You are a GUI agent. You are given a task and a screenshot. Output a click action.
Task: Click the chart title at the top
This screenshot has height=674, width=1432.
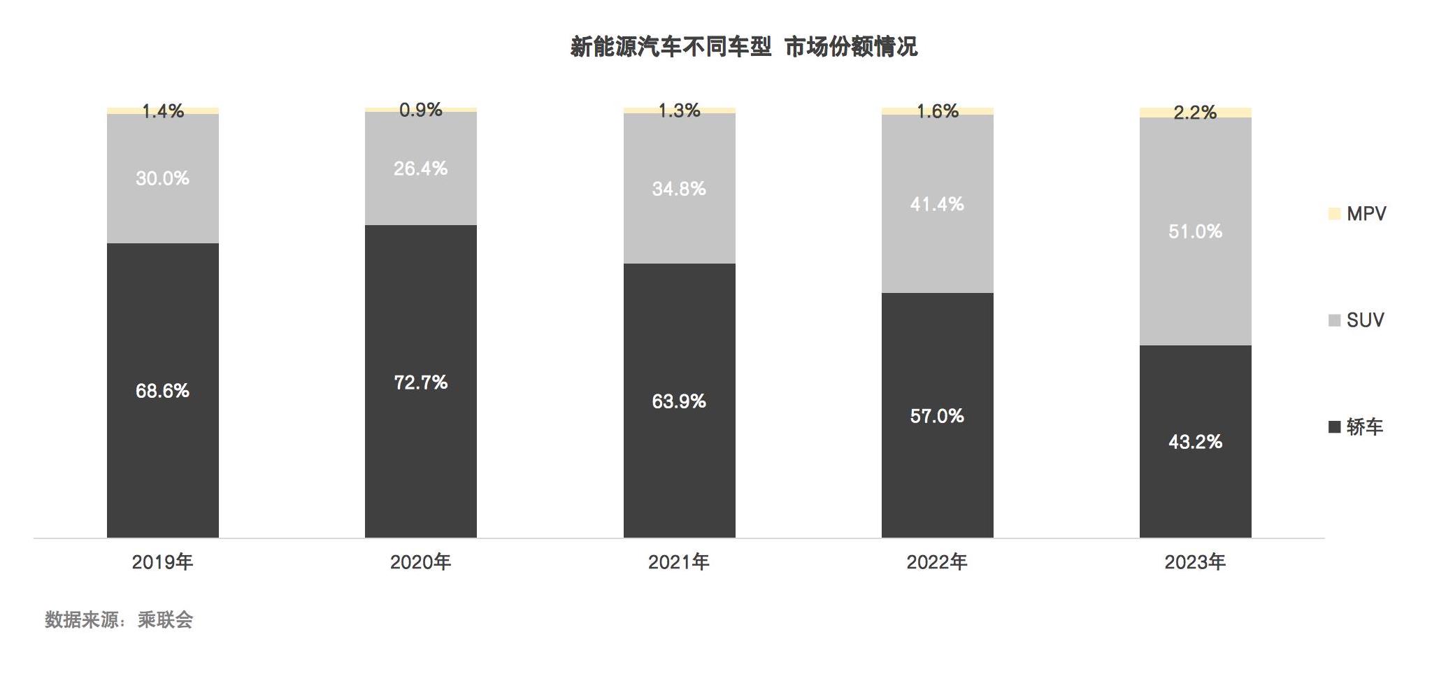click(x=743, y=47)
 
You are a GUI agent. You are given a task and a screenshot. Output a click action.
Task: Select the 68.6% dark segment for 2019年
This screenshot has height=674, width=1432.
click(x=162, y=390)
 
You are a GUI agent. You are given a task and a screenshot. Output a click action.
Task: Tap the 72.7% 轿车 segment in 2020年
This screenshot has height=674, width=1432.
click(x=420, y=382)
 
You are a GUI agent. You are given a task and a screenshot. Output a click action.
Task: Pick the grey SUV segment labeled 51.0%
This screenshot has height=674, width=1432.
click(x=1195, y=231)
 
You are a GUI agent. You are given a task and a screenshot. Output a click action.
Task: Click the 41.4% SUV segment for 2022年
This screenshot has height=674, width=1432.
click(x=937, y=204)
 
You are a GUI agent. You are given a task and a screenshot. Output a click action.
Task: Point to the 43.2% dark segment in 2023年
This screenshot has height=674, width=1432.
click(x=1195, y=441)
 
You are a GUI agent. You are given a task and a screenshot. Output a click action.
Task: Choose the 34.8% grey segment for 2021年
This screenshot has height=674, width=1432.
click(x=679, y=189)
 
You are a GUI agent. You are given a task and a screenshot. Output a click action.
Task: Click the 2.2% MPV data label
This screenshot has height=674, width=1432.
click(x=1195, y=113)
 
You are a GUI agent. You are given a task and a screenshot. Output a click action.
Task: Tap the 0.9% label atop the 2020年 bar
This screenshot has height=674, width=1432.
click(x=420, y=110)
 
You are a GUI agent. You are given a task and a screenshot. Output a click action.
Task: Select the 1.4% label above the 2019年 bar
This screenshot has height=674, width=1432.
click(x=162, y=110)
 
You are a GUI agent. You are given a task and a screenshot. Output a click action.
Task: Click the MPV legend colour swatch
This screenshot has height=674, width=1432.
click(x=1334, y=214)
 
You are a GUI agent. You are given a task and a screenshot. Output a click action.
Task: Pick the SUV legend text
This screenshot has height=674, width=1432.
click(x=1365, y=320)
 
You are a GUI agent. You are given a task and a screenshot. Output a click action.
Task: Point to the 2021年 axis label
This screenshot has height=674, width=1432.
click(x=679, y=562)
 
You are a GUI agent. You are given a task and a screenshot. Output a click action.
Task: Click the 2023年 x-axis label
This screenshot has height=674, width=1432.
click(x=1195, y=562)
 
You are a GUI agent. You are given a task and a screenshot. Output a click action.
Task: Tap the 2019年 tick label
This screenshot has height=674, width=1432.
click(x=162, y=562)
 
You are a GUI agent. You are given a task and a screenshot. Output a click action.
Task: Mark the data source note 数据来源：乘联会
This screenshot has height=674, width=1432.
click(x=119, y=620)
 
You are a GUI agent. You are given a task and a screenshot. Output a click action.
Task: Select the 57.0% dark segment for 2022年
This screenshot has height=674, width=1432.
click(x=937, y=416)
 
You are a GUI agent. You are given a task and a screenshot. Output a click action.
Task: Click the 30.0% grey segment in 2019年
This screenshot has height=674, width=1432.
click(x=162, y=178)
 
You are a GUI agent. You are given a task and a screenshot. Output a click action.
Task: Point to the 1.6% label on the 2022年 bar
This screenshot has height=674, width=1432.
click(x=937, y=111)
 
